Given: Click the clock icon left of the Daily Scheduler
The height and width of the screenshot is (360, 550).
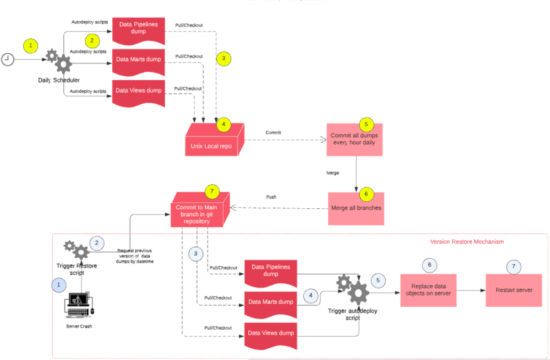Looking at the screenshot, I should tap(7, 59).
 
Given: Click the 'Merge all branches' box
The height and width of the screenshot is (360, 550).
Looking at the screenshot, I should tap(355, 208).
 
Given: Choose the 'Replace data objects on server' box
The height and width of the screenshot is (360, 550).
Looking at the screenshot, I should tap(428, 290).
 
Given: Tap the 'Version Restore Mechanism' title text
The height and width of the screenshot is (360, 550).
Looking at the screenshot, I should tap(466, 242).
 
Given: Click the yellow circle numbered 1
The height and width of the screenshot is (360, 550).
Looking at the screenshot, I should tap(30, 46).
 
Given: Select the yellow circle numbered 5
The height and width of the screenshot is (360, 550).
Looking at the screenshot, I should tap(366, 124).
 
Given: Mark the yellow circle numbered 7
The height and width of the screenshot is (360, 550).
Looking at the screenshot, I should tap(212, 191).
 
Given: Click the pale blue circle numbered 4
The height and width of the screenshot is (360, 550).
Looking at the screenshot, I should tap(311, 294).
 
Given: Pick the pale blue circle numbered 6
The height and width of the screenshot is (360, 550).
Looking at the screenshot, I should tap(430, 265).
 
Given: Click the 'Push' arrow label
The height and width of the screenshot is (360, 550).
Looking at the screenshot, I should tap(271, 197).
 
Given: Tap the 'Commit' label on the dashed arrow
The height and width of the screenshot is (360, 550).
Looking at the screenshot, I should tap(273, 132).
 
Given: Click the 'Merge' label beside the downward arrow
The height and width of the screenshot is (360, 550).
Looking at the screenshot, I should tap(333, 173).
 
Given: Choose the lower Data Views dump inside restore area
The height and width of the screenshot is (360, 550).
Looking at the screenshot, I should tap(271, 334).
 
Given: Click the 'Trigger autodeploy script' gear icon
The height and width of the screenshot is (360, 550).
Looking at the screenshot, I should tap(356, 291).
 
